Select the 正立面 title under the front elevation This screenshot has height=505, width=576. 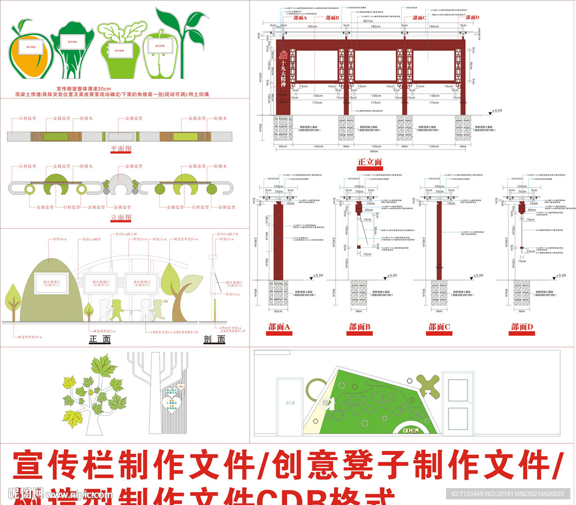tap(370, 163)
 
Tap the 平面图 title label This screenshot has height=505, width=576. tap(120, 150)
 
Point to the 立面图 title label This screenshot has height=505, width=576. tap(120, 217)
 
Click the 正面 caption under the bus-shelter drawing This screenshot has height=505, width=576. tap(100, 339)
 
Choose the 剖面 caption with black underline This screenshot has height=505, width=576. tap(215, 339)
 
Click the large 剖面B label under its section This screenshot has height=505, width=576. tap(359, 327)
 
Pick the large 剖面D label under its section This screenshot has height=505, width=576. tap(523, 327)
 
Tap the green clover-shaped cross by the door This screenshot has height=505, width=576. tap(430, 385)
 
